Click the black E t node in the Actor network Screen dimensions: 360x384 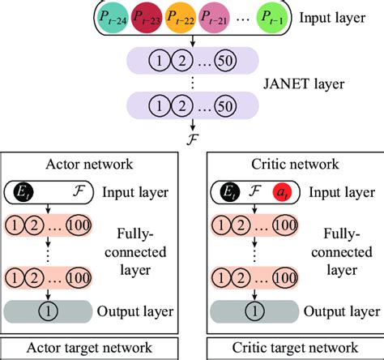coord(23,193)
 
